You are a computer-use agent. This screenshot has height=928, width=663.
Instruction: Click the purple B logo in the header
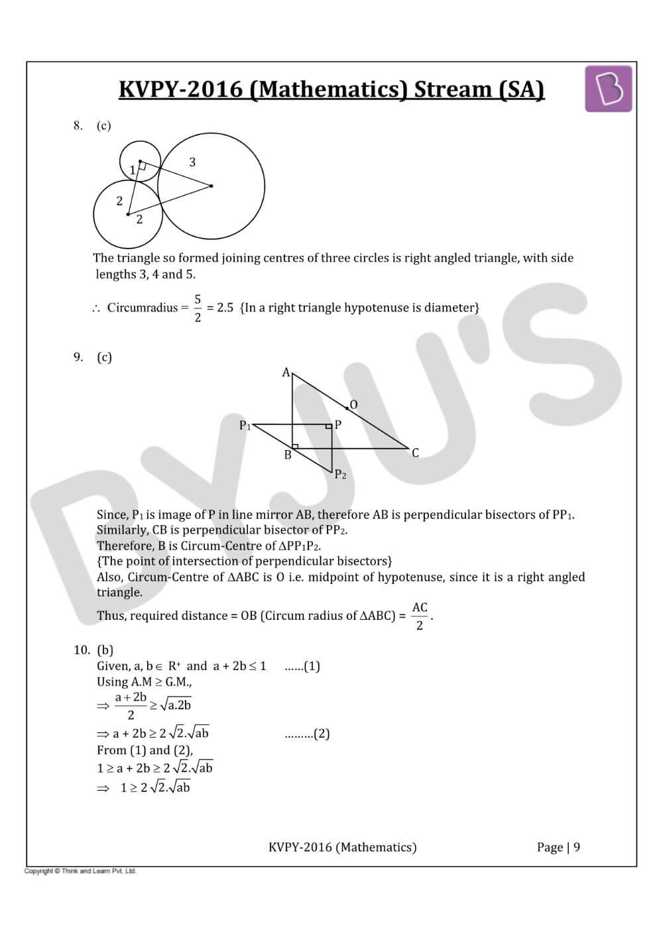[608, 89]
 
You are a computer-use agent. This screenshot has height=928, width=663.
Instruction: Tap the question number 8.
[78, 125]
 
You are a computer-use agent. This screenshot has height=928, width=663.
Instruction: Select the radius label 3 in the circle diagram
[192, 162]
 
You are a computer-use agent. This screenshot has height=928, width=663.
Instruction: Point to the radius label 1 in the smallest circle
[133, 170]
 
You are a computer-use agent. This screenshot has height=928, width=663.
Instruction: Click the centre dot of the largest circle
[211, 186]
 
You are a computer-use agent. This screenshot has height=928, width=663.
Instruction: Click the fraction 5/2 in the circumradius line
[198, 308]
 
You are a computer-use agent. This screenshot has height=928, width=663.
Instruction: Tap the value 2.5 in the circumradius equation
[225, 308]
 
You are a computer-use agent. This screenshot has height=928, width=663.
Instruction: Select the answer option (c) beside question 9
[104, 357]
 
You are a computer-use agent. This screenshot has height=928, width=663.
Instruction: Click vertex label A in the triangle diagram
[286, 373]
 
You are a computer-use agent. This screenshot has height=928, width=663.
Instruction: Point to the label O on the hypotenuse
[353, 404]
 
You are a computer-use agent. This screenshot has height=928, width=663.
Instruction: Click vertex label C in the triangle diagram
[415, 453]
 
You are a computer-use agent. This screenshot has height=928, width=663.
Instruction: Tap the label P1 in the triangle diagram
[245, 426]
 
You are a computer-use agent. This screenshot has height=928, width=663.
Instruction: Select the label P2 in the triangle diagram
[340, 474]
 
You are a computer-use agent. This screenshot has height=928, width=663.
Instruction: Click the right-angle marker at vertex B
[295, 445]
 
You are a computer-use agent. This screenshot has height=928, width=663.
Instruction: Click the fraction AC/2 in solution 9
[420, 616]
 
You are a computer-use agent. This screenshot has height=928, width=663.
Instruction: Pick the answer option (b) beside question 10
[105, 650]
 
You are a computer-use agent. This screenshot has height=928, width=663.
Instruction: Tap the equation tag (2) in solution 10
[321, 734]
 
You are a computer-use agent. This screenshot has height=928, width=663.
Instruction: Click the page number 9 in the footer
[577, 847]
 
